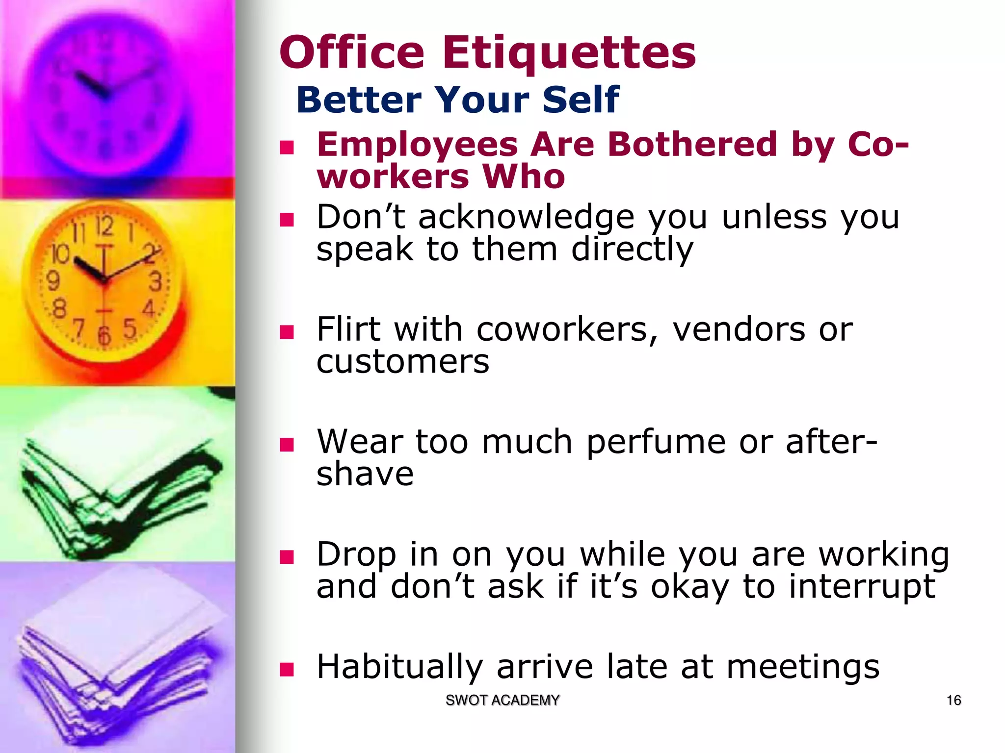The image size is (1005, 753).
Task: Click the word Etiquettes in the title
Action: click(x=569, y=53)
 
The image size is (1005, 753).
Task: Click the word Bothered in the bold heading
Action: click(x=692, y=145)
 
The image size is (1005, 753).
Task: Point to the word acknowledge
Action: click(x=526, y=217)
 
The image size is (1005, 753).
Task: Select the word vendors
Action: click(x=739, y=329)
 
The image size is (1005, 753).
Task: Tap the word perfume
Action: click(x=656, y=442)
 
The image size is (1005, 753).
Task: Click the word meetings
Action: click(x=803, y=668)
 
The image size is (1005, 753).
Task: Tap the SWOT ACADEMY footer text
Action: click(x=502, y=700)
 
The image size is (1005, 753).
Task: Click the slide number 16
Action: click(x=953, y=700)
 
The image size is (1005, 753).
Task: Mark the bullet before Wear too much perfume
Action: click(x=287, y=445)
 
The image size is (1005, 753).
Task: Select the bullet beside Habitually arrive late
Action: click(x=287, y=669)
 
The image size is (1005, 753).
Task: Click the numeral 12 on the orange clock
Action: click(x=105, y=226)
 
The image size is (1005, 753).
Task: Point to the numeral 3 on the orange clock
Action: click(x=155, y=281)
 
